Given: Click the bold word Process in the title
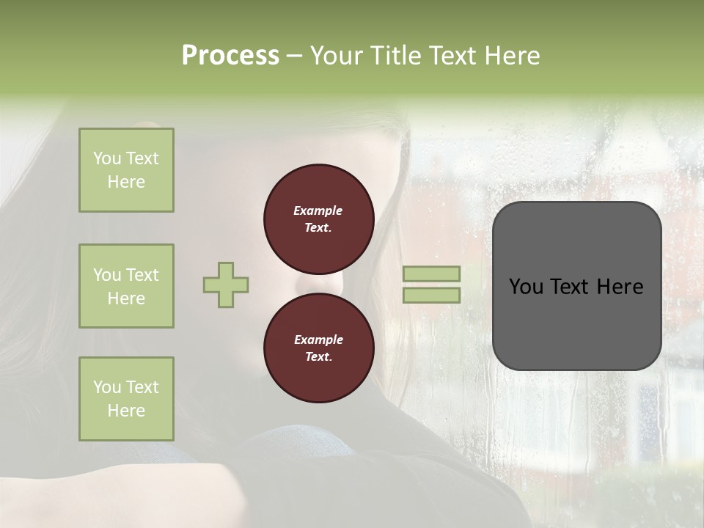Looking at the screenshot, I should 230,56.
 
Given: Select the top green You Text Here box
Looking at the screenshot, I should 126,170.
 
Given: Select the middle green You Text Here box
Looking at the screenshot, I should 126,286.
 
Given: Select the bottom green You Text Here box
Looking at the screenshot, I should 126,399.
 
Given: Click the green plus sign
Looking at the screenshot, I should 226,285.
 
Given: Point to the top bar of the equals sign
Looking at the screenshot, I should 431,274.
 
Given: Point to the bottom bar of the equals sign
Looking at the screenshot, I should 431,295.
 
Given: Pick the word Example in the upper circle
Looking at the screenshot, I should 318,210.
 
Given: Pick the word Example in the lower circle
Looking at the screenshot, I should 318,340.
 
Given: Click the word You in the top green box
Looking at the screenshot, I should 107,158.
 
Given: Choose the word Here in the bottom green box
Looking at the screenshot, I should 126,411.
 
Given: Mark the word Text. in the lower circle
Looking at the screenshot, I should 318,357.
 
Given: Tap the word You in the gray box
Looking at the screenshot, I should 526,287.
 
